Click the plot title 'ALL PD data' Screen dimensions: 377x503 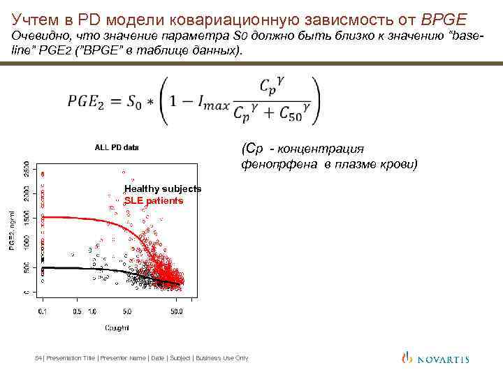click(x=117, y=147)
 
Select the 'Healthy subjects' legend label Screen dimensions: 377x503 click(x=162, y=189)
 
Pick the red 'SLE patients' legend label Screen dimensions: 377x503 click(x=154, y=201)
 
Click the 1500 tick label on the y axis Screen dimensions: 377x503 click(x=27, y=219)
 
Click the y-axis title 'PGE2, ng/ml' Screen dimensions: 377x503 click(x=11, y=231)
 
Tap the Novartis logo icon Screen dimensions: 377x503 click(x=407, y=357)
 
